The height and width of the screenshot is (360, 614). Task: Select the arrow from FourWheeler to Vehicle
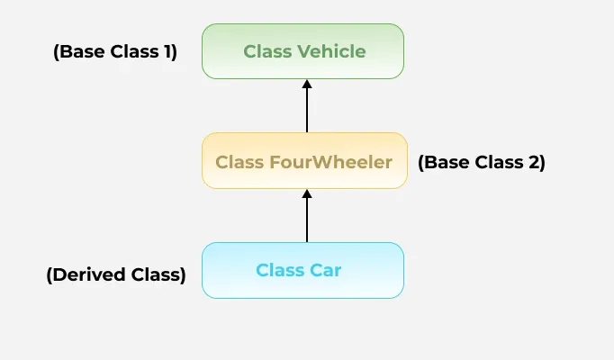(x=307, y=108)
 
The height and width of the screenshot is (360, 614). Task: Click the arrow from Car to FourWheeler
(x=307, y=218)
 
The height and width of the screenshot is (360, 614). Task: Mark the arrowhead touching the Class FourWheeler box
(x=307, y=193)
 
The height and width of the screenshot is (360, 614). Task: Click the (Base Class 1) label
(x=115, y=51)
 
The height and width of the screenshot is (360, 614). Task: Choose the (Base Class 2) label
(x=482, y=163)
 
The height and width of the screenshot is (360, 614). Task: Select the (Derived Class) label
(x=115, y=274)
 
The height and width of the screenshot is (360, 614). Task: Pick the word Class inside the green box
(x=267, y=51)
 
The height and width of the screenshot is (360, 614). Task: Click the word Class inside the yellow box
(x=239, y=162)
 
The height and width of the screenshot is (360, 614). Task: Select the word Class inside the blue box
(x=279, y=270)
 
